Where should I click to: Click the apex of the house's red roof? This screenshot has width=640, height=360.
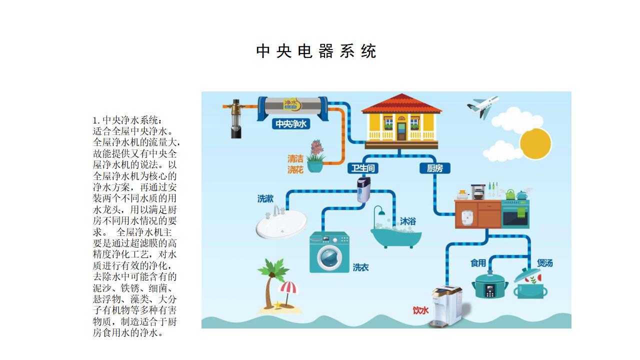401,94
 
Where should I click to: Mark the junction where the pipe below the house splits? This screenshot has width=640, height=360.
399,156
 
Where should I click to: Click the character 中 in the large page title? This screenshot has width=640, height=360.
263,51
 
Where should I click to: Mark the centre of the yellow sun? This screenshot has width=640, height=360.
535,143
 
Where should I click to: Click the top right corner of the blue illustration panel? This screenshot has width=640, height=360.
571,91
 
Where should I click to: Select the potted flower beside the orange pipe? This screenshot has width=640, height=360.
315,156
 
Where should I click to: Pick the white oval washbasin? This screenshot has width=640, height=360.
281,223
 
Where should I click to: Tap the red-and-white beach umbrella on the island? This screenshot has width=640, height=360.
288,291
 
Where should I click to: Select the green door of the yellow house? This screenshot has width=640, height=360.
401,131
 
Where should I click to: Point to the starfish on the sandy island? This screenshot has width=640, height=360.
277,304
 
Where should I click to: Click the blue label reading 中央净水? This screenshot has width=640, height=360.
291,123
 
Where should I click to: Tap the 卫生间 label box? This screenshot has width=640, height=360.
363,168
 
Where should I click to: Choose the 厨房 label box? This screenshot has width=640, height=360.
435,168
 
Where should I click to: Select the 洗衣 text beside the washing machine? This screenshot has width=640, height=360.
360,267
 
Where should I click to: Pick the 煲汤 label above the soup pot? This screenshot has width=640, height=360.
544,263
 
